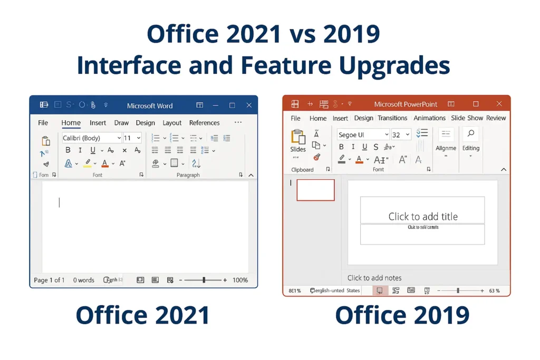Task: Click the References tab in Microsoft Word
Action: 204,123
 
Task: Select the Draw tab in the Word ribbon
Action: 121,123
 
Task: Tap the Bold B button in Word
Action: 67,150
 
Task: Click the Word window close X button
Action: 249,105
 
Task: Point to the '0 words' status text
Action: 84,280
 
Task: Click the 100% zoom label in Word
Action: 240,280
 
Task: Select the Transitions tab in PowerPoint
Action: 392,118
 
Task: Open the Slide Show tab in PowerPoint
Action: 467,118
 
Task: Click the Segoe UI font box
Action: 363,135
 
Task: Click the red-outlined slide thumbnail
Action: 315,190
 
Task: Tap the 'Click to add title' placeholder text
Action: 423,216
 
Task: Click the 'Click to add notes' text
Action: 374,278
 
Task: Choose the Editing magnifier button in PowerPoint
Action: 470,135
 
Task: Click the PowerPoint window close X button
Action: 499,104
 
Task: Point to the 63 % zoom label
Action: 494,290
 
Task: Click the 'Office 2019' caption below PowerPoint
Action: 402,315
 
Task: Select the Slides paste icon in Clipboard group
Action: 298,138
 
